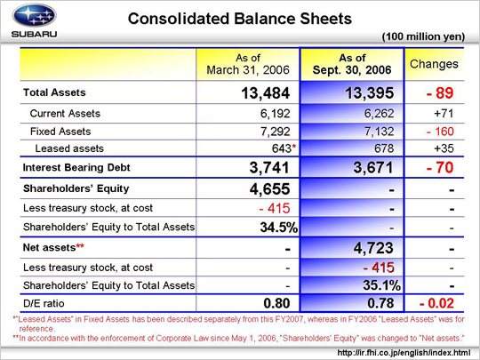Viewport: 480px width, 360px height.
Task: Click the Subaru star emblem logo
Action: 35,15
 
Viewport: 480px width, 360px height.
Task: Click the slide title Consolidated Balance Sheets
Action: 240,19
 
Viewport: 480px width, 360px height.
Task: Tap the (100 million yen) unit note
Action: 423,36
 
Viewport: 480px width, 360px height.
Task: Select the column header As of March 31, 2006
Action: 248,64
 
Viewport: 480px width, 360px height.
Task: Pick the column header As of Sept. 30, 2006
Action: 352,64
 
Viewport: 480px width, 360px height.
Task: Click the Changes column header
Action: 434,64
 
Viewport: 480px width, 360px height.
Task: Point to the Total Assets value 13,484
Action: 266,93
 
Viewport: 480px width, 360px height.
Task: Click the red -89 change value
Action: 440,93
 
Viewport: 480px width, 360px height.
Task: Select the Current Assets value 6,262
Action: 379,114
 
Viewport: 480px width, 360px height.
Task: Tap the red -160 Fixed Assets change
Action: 440,132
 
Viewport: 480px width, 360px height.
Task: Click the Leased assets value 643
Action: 282,148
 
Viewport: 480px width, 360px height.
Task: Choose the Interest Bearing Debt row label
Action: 76,167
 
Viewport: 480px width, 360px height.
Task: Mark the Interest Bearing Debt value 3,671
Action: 373,168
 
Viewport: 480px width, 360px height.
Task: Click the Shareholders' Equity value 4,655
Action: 269,189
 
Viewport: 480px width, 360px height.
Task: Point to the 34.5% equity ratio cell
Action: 279,228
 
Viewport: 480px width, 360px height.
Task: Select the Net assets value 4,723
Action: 373,248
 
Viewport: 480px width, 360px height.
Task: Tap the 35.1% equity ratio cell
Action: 381,285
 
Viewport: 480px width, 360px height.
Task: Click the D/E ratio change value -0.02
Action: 436,303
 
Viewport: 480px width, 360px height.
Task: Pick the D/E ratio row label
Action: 44,303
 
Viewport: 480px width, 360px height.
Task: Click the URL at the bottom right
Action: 404,353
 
